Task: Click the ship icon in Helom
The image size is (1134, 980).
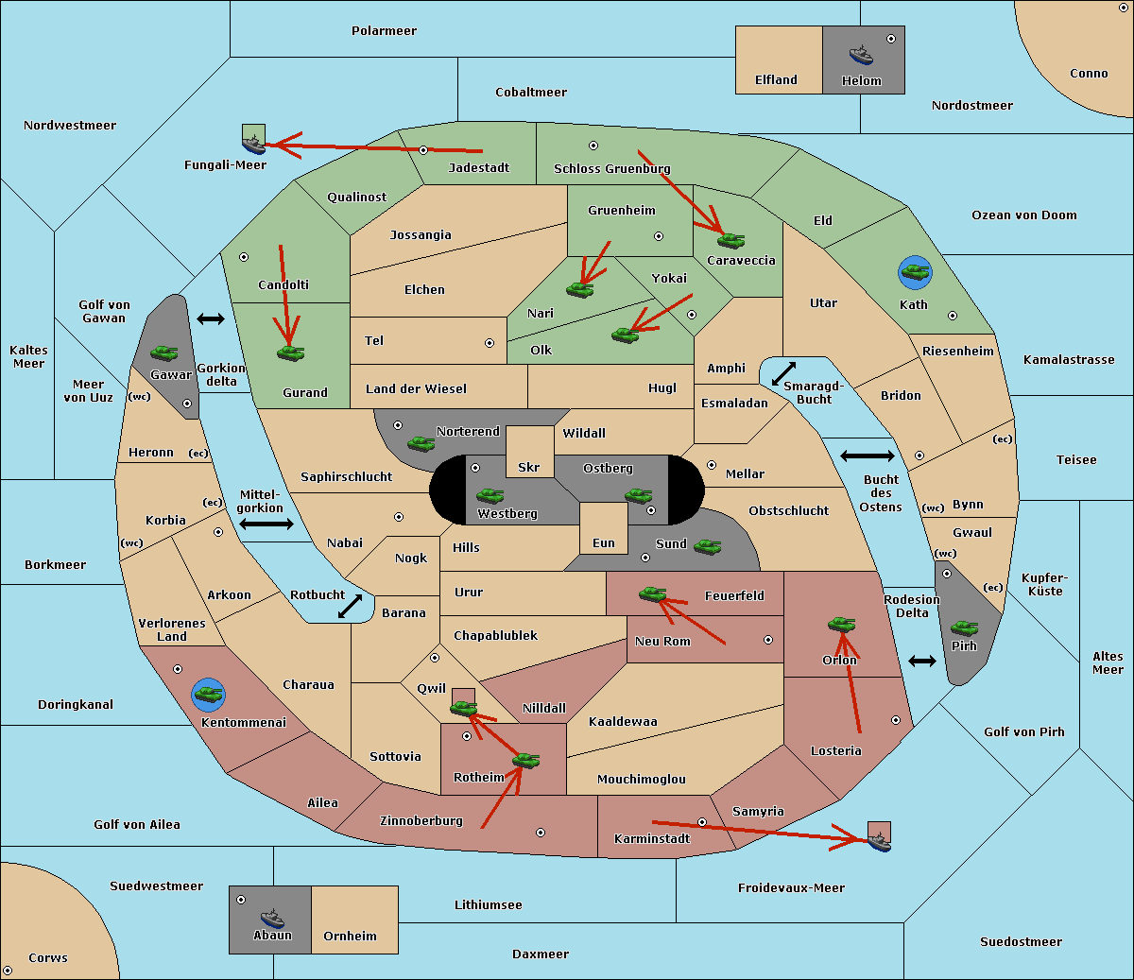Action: coord(861,55)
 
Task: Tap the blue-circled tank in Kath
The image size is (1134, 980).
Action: coord(915,272)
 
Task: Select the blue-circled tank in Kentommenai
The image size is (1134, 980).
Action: coord(208,695)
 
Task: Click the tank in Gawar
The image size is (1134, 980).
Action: coord(164,352)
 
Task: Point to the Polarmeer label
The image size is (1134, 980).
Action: coord(384,31)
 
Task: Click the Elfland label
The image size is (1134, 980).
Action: coord(776,79)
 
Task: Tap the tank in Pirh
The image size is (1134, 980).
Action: coord(964,628)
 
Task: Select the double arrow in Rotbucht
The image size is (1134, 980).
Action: coord(350,606)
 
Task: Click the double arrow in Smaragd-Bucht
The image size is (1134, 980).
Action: coord(783,373)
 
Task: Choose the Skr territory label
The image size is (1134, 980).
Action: coord(528,467)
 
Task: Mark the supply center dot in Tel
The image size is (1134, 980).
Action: coord(490,343)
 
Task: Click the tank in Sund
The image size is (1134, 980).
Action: coord(707,547)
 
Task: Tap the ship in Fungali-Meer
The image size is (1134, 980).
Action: coord(253,145)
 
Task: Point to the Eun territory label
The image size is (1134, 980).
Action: coord(604,542)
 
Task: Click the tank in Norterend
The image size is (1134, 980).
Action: coord(421,444)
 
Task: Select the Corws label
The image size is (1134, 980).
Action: coord(48,957)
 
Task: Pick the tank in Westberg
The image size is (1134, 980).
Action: coord(490,495)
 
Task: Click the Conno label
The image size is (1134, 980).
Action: coord(1089,73)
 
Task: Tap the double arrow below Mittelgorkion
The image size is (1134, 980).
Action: coord(266,524)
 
